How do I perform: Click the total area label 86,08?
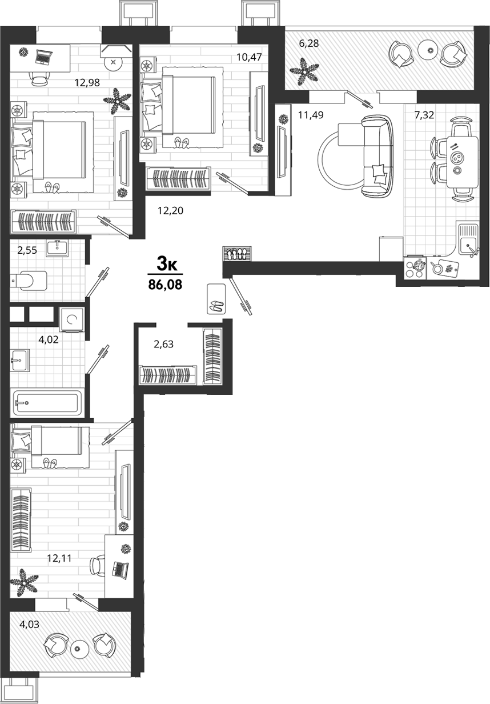click(165, 285)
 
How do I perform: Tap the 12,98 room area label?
click(87, 83)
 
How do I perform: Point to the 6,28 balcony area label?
click(309, 43)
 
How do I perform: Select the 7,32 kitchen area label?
click(424, 115)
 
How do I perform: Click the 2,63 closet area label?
click(164, 344)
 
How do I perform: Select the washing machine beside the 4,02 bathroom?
click(72, 319)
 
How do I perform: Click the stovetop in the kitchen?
click(415, 267)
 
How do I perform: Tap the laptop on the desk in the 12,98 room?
click(42, 57)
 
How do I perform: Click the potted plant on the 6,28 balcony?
click(304, 71)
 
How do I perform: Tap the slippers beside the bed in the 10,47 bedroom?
click(182, 142)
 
